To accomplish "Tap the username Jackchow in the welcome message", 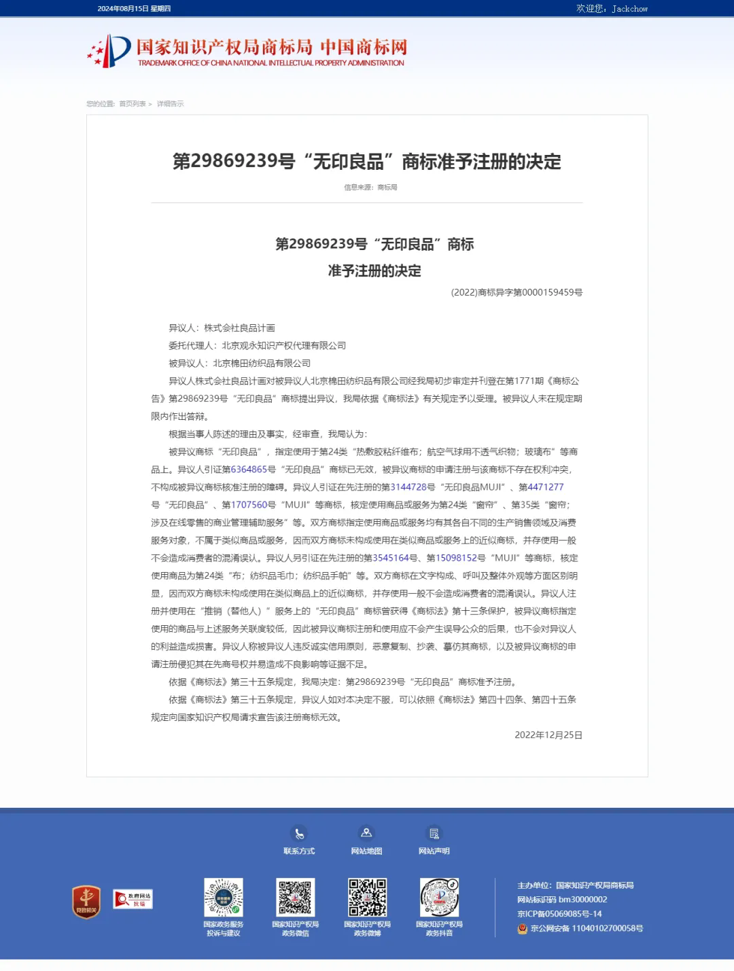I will [x=629, y=9].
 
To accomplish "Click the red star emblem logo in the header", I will [x=109, y=51].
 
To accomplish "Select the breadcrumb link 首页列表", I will [x=133, y=104].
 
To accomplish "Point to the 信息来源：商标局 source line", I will [x=370, y=188].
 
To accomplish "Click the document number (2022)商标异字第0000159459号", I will [x=517, y=292].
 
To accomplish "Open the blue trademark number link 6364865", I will [x=249, y=470].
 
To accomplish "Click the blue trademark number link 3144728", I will [x=408, y=487].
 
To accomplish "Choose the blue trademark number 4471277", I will [x=546, y=487].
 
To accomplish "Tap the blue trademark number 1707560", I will [x=249, y=505].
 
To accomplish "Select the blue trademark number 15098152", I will [x=456, y=558].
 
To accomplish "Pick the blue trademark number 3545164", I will [x=391, y=558].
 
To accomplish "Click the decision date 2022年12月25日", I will [x=548, y=735].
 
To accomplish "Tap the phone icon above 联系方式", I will [x=299, y=833].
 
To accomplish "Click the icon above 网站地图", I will [x=366, y=833].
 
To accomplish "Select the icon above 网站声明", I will [x=434, y=833].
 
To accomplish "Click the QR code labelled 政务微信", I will [x=295, y=898].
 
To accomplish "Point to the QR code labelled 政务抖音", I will [x=439, y=898].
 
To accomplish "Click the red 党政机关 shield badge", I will [x=86, y=902].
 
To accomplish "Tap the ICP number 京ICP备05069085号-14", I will [x=559, y=914].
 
